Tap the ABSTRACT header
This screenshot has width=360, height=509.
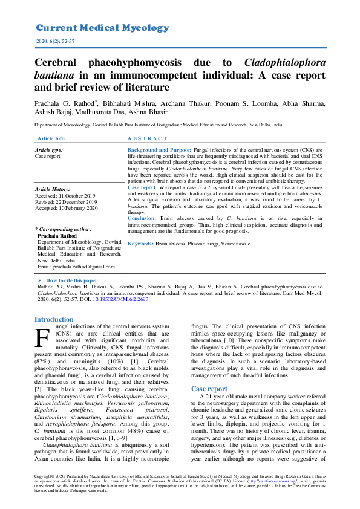(148, 138)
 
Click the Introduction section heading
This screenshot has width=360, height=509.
(54, 319)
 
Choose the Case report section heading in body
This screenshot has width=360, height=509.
(209, 389)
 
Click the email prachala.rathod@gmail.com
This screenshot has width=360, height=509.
(76, 267)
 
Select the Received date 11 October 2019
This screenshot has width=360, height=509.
(65, 196)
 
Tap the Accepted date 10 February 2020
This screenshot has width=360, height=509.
(67, 208)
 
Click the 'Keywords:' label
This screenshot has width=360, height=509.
(140, 243)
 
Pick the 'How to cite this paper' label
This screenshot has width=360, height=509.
(71, 281)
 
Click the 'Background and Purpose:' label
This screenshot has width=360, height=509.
(159, 149)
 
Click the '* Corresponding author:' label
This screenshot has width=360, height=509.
(64, 230)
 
